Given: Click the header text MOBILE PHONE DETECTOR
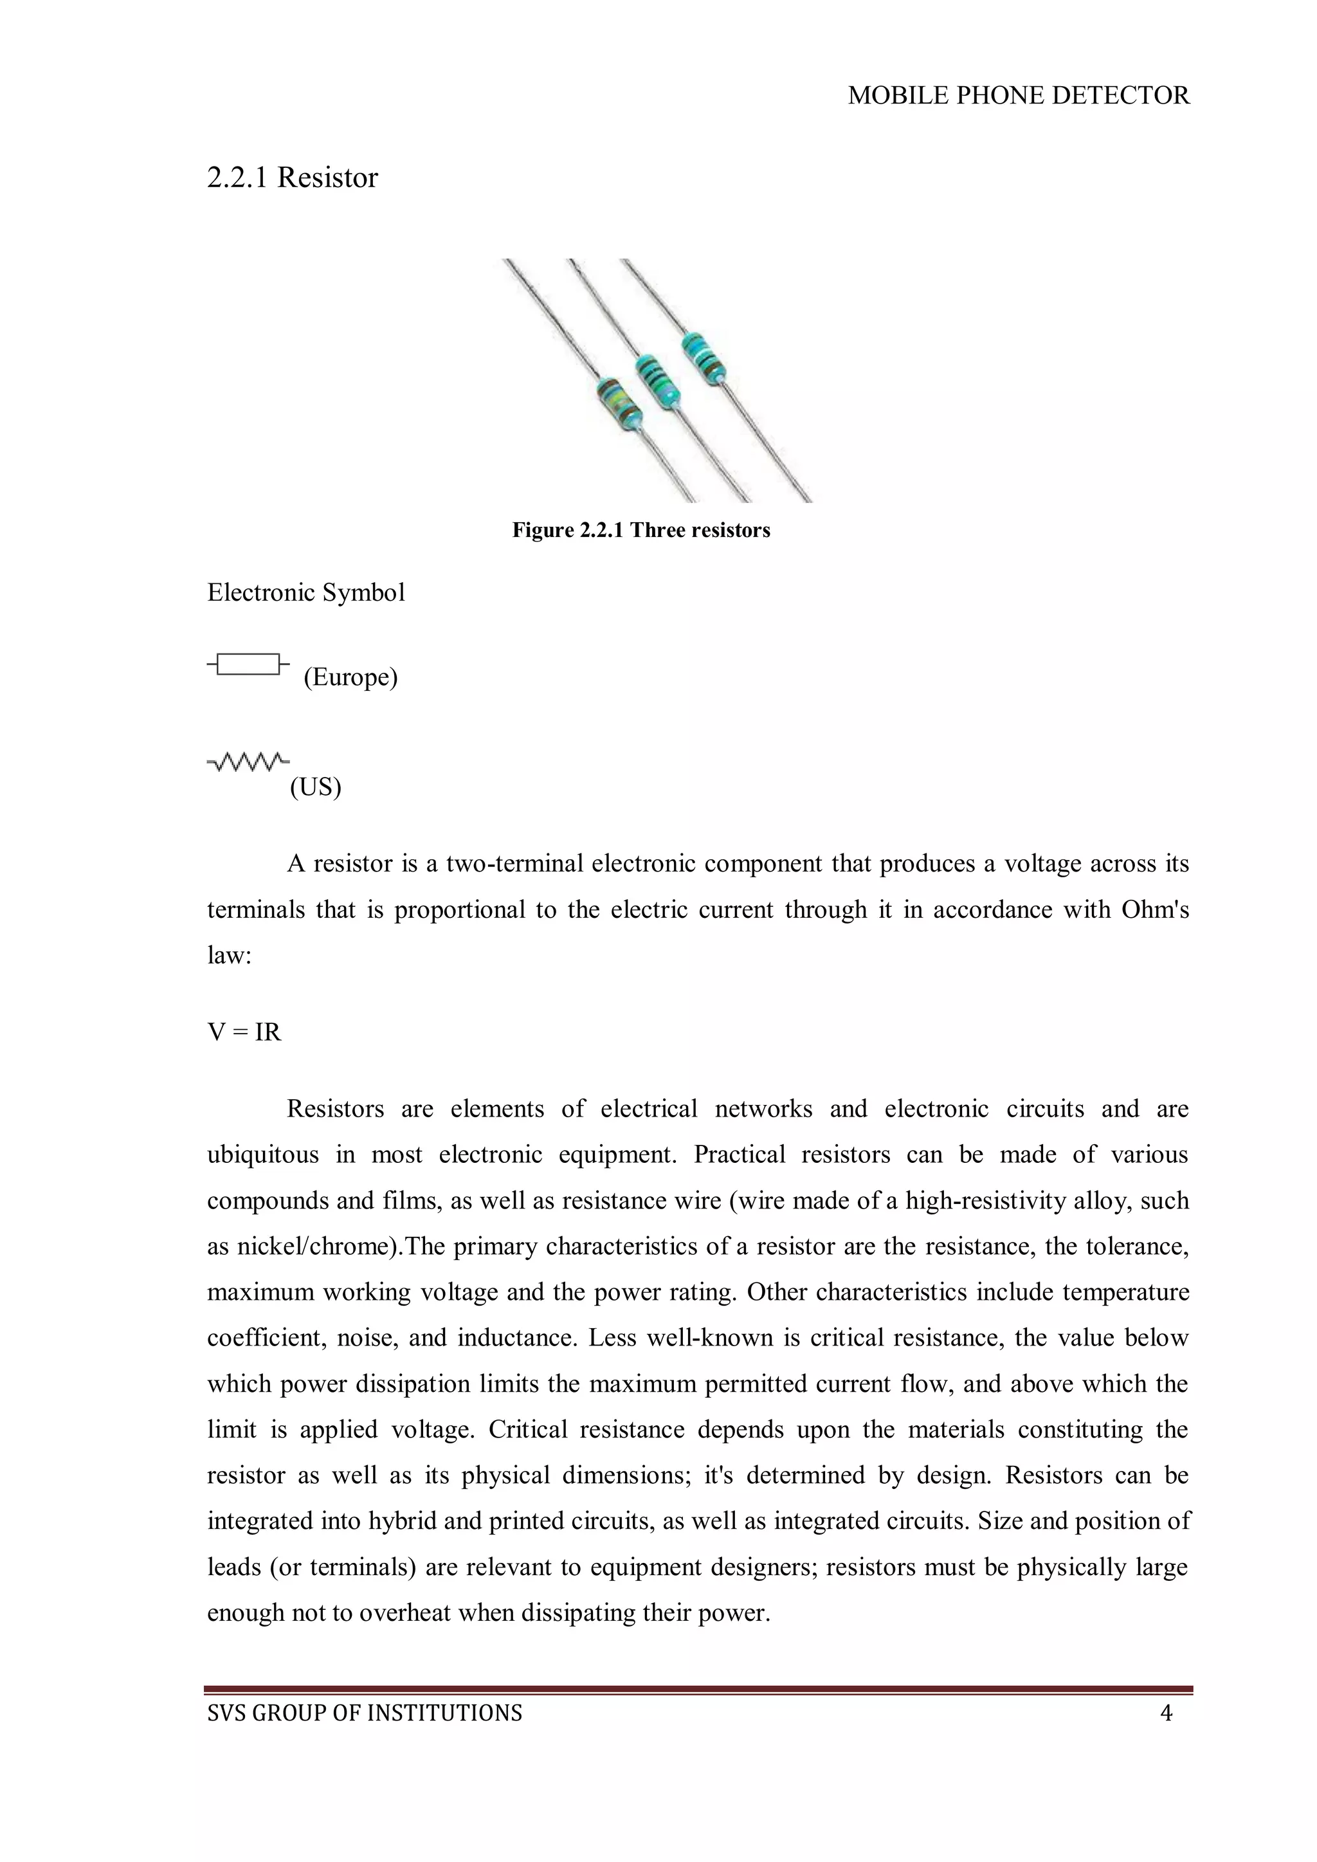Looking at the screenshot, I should [x=1019, y=96].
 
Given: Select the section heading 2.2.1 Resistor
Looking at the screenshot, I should [x=292, y=178].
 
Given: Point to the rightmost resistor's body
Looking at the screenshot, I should [x=702, y=355].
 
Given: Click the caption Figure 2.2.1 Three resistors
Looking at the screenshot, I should [x=640, y=531].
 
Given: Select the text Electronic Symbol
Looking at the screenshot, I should [x=305, y=593].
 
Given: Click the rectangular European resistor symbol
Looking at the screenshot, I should [x=248, y=664].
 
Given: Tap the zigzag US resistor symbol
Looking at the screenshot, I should [x=248, y=762].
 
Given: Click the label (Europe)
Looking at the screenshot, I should [x=350, y=677].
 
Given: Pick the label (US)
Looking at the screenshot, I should [x=316, y=787].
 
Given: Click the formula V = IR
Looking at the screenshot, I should [x=244, y=1032].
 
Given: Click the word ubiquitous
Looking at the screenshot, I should [x=263, y=1155].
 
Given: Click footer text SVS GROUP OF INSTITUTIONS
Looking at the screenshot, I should [x=365, y=1713].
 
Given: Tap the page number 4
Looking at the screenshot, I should [x=1166, y=1713].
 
